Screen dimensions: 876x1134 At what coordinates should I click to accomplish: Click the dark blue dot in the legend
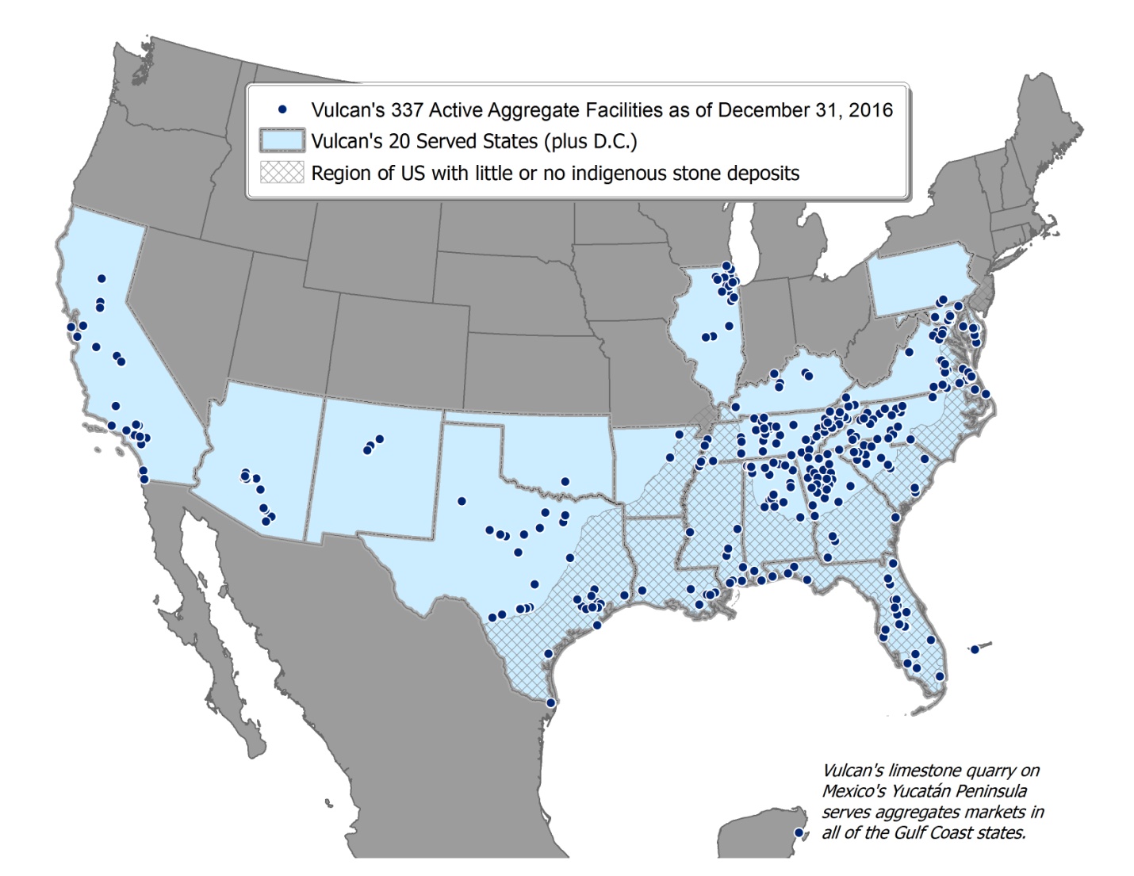(x=282, y=109)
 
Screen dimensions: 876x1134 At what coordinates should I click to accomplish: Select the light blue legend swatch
(x=282, y=141)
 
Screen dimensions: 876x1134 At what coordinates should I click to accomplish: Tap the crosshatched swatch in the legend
(x=282, y=173)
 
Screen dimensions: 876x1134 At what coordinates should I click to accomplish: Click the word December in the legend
(x=755, y=110)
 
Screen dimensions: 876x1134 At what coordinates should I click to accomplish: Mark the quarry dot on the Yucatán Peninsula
(x=799, y=833)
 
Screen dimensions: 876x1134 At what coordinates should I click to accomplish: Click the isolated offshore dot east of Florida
(x=975, y=649)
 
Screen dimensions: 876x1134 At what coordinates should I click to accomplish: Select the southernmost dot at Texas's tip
(x=550, y=702)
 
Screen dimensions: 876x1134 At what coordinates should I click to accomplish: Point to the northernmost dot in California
(x=102, y=278)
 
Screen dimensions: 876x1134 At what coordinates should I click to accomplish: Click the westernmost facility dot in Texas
(x=462, y=501)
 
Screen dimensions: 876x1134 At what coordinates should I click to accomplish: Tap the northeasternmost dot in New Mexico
(x=379, y=438)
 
